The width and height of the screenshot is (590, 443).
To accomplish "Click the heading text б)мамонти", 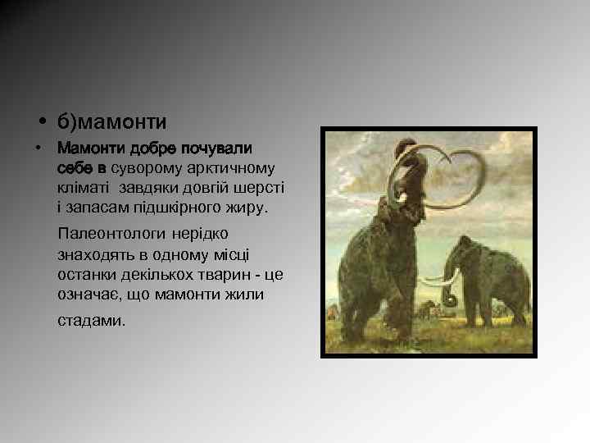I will point(111,122).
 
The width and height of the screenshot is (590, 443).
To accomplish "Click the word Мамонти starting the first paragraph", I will point(89,150).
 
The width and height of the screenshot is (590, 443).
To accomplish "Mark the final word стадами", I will point(92,320).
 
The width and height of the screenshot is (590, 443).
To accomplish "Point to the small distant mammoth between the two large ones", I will point(426,309).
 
